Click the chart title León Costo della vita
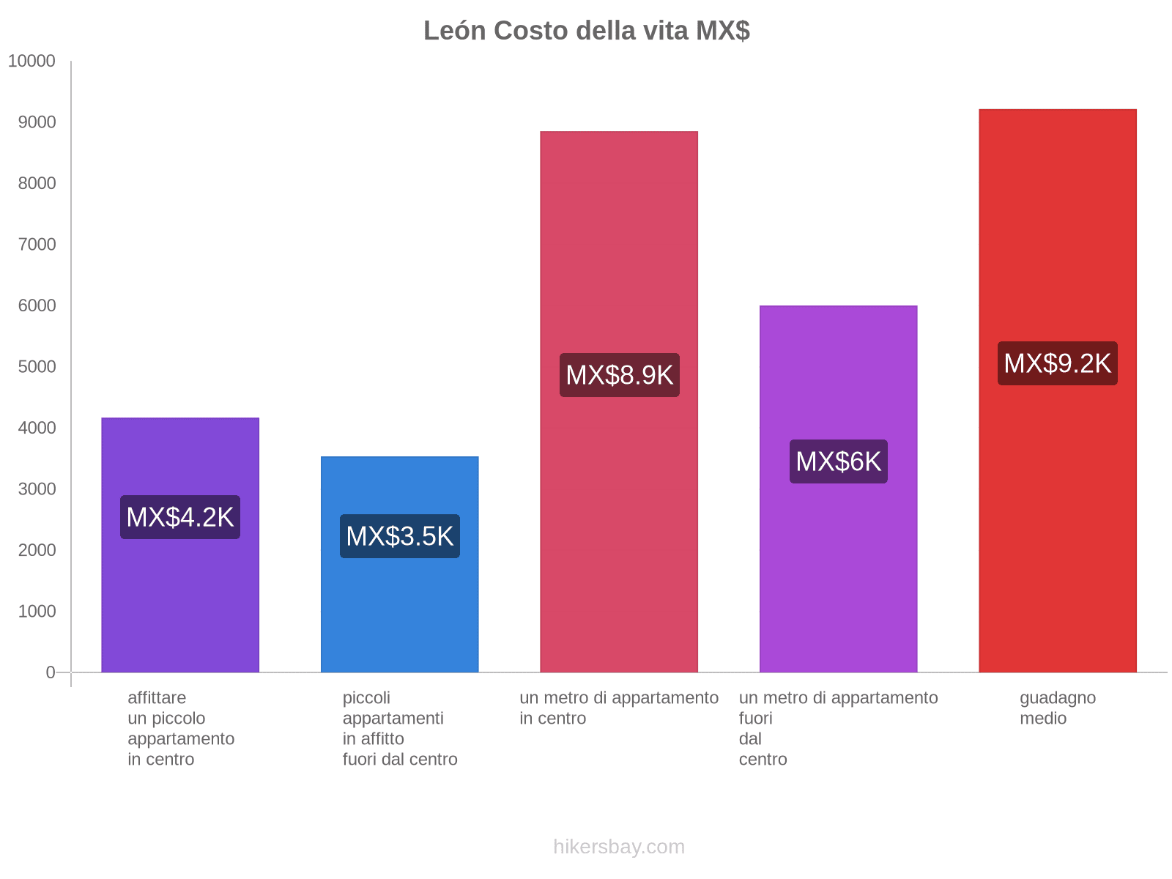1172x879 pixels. click(x=585, y=31)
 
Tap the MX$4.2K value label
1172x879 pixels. click(x=180, y=517)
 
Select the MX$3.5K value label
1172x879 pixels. click(x=400, y=536)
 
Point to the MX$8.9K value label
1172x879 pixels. click(x=620, y=375)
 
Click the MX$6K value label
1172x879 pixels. click(x=839, y=461)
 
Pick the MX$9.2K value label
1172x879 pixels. click(x=1058, y=363)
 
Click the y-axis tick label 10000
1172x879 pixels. click(x=31, y=62)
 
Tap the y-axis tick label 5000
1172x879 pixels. click(x=37, y=367)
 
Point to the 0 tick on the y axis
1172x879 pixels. click(x=51, y=672)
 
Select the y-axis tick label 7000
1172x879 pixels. click(x=37, y=245)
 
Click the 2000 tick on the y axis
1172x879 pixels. click(x=37, y=550)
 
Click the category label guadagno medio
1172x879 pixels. click(x=1057, y=708)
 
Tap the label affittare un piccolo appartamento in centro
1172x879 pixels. click(x=181, y=728)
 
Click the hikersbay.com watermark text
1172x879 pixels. click(x=619, y=847)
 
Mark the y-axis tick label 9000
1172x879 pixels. click(x=37, y=122)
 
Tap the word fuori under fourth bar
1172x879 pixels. click(x=756, y=719)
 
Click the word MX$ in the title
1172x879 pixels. click(x=722, y=31)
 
